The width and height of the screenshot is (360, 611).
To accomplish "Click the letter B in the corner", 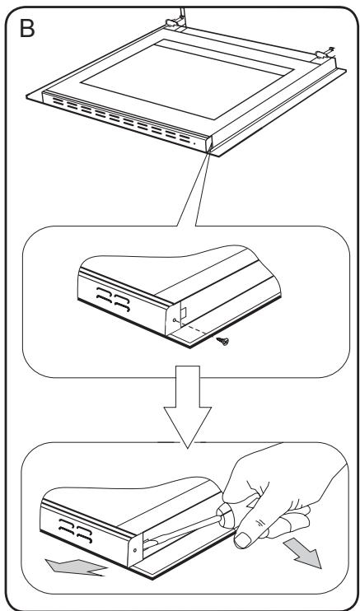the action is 27,29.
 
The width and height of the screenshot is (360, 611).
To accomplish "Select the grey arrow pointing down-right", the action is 302,553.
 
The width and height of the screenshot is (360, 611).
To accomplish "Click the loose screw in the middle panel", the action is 223,342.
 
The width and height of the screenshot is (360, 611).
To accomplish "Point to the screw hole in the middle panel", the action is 174,320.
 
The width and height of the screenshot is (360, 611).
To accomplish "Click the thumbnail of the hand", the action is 242,539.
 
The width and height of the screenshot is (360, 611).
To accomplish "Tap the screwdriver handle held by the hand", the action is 226,515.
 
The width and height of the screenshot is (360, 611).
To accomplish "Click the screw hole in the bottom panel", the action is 135,550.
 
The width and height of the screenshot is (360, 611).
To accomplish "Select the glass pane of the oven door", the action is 187,79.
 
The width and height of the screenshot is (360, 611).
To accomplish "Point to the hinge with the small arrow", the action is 325,54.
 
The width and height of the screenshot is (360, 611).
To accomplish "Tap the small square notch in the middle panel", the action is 183,311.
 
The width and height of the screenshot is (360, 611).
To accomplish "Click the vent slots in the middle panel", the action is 113,299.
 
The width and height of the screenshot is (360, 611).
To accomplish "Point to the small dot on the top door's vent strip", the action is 194,143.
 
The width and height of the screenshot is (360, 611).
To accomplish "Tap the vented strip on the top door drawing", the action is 125,120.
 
